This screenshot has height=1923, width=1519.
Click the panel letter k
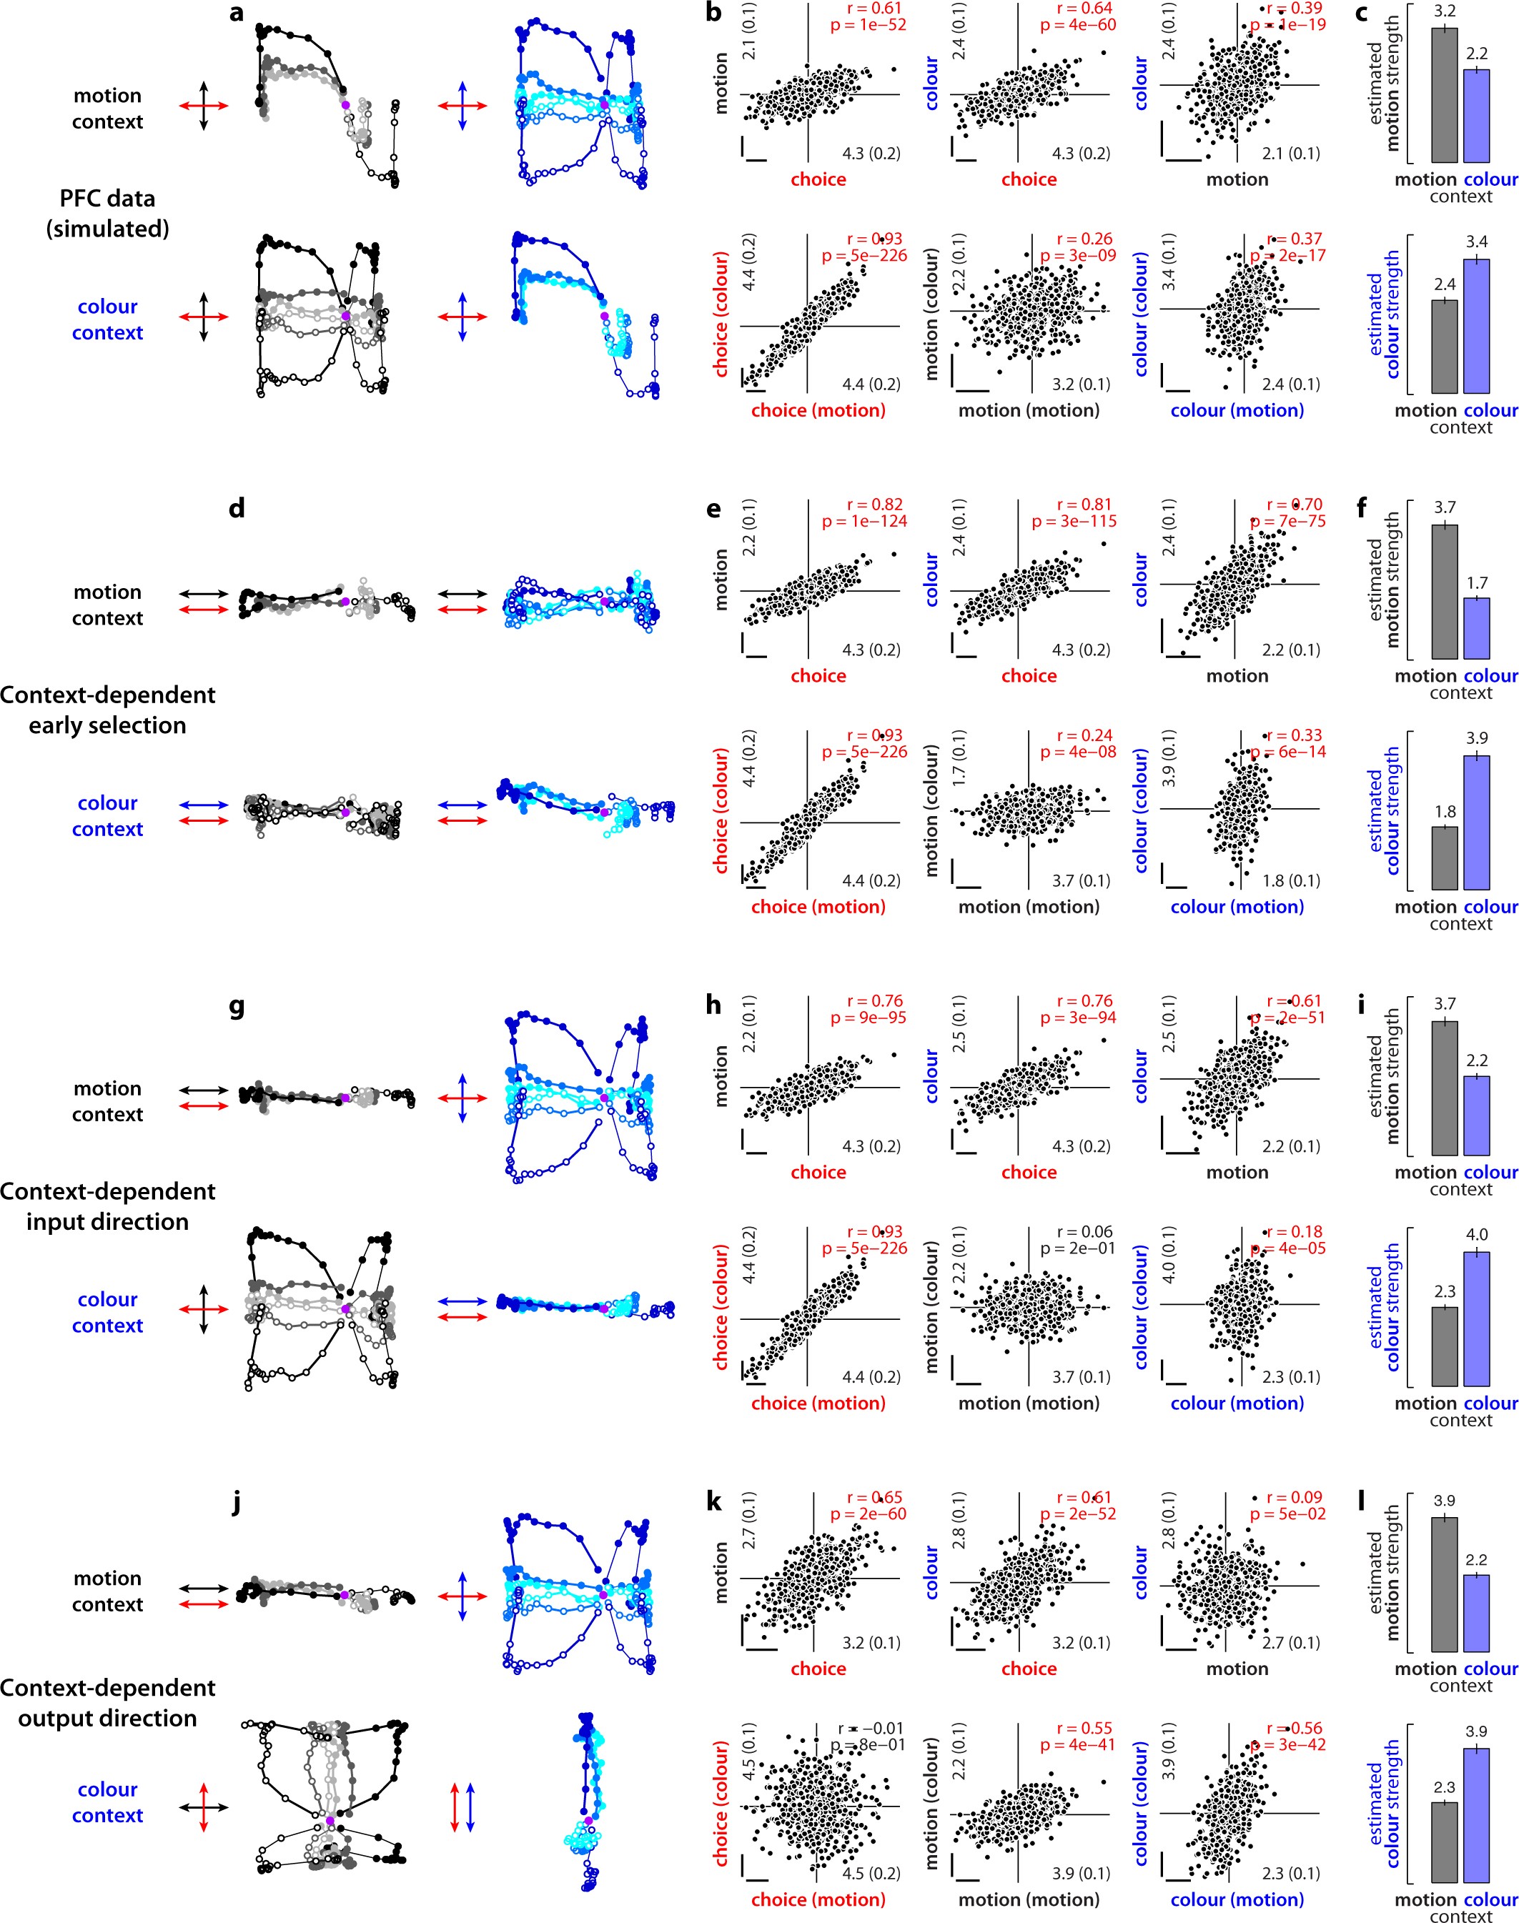click(713, 1503)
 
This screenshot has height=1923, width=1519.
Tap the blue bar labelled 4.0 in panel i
click(1476, 1318)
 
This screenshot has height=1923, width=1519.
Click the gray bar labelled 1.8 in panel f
click(1444, 858)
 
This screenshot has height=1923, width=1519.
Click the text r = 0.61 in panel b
click(874, 8)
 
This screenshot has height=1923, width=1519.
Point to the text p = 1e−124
click(864, 521)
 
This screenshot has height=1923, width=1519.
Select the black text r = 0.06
click(1084, 1231)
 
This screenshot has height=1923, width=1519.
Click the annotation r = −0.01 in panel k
click(870, 1729)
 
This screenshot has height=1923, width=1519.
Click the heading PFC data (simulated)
click(108, 214)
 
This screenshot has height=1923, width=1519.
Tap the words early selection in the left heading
click(108, 725)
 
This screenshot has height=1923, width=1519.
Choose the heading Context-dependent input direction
click(108, 1206)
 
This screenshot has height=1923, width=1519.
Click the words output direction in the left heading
click(108, 1719)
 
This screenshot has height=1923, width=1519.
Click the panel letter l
click(1362, 1501)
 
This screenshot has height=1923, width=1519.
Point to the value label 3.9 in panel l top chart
click(1444, 1501)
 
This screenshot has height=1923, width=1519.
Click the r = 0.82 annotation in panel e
click(874, 504)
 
